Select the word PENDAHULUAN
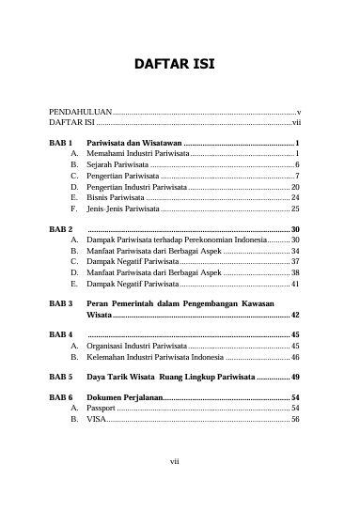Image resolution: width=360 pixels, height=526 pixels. tap(80, 111)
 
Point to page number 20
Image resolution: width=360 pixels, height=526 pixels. tap(294, 187)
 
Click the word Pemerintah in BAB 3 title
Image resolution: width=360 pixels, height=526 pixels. tap(138, 304)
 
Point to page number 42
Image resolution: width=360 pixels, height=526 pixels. tap(294, 316)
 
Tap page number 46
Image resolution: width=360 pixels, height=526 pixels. tap(294, 358)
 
